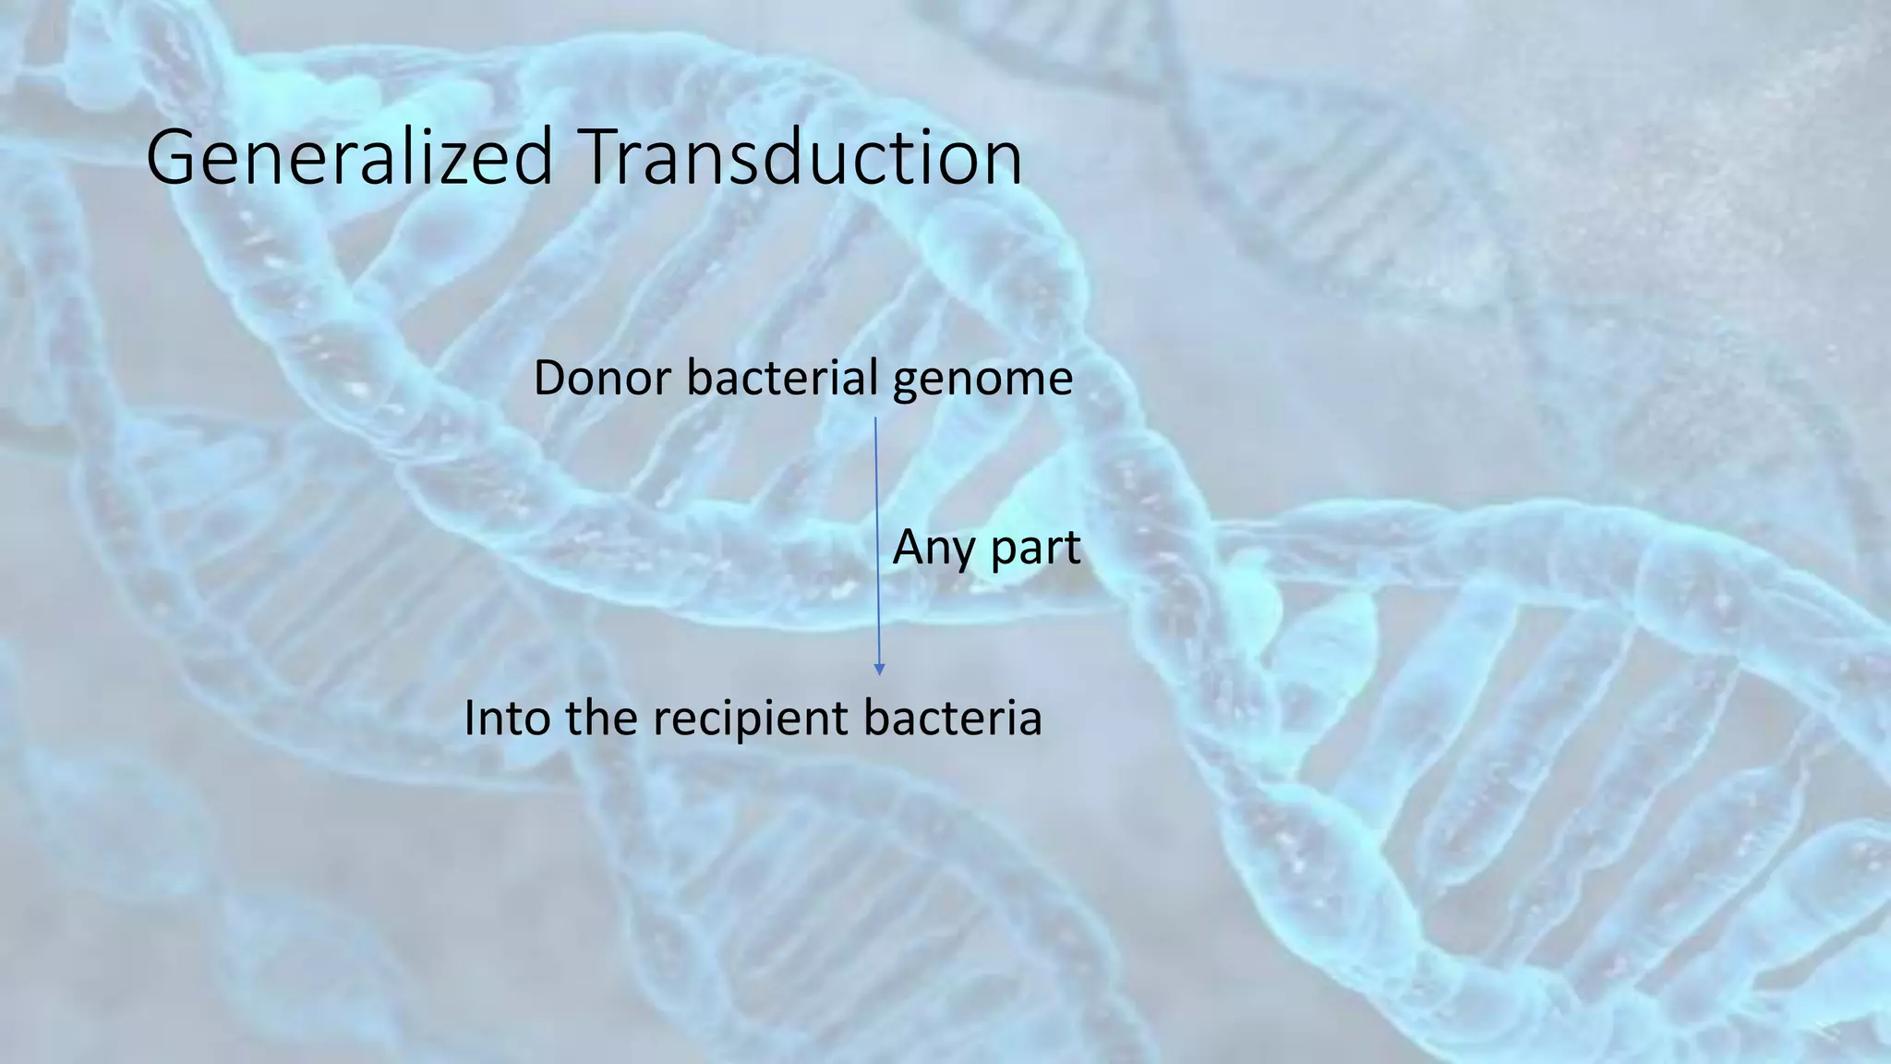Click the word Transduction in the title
801,157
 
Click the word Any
933,549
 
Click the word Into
508,718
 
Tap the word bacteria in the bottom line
953,718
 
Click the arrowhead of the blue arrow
879,669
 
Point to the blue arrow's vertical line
877,536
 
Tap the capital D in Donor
551,379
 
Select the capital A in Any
909,547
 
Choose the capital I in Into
470,718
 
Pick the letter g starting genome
906,384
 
